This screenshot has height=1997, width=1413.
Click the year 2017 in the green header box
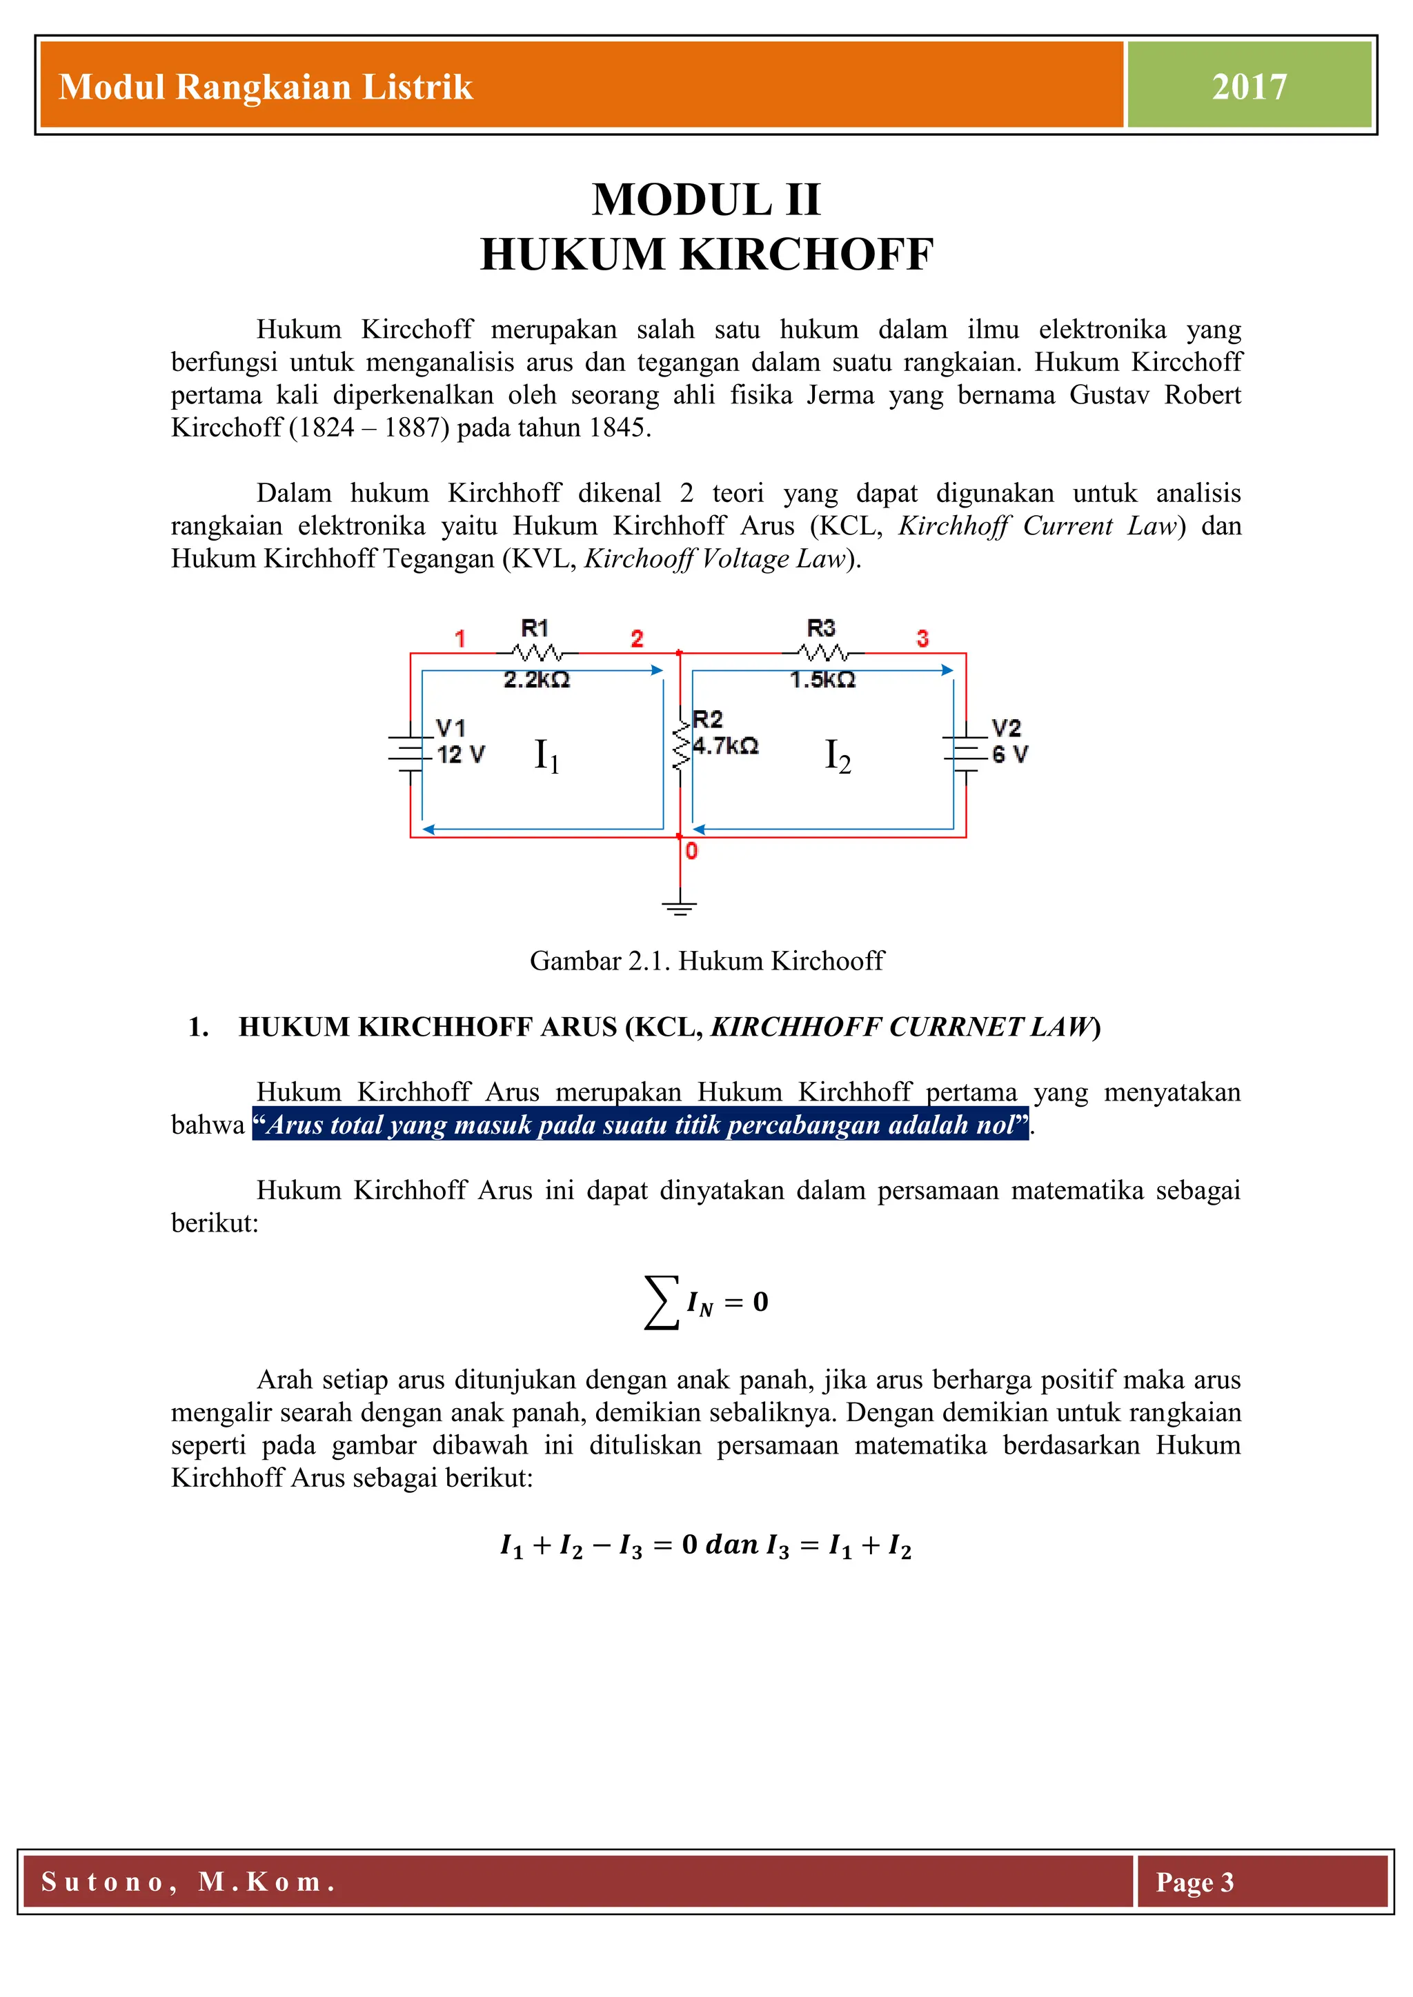1249,87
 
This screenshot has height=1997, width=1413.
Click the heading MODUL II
706,200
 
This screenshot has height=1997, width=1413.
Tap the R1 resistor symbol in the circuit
537,652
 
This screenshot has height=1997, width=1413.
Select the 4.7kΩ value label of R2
726,746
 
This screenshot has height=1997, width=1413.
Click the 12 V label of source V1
460,755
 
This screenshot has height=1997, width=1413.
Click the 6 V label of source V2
1009,755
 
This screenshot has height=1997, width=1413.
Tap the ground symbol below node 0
680,908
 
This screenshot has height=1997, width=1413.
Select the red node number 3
922,639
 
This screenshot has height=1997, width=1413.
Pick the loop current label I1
546,755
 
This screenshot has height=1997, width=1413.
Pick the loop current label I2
837,755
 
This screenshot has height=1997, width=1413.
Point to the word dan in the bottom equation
731,1545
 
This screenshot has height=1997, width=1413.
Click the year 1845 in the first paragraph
619,428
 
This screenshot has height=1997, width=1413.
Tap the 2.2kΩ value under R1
537,680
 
